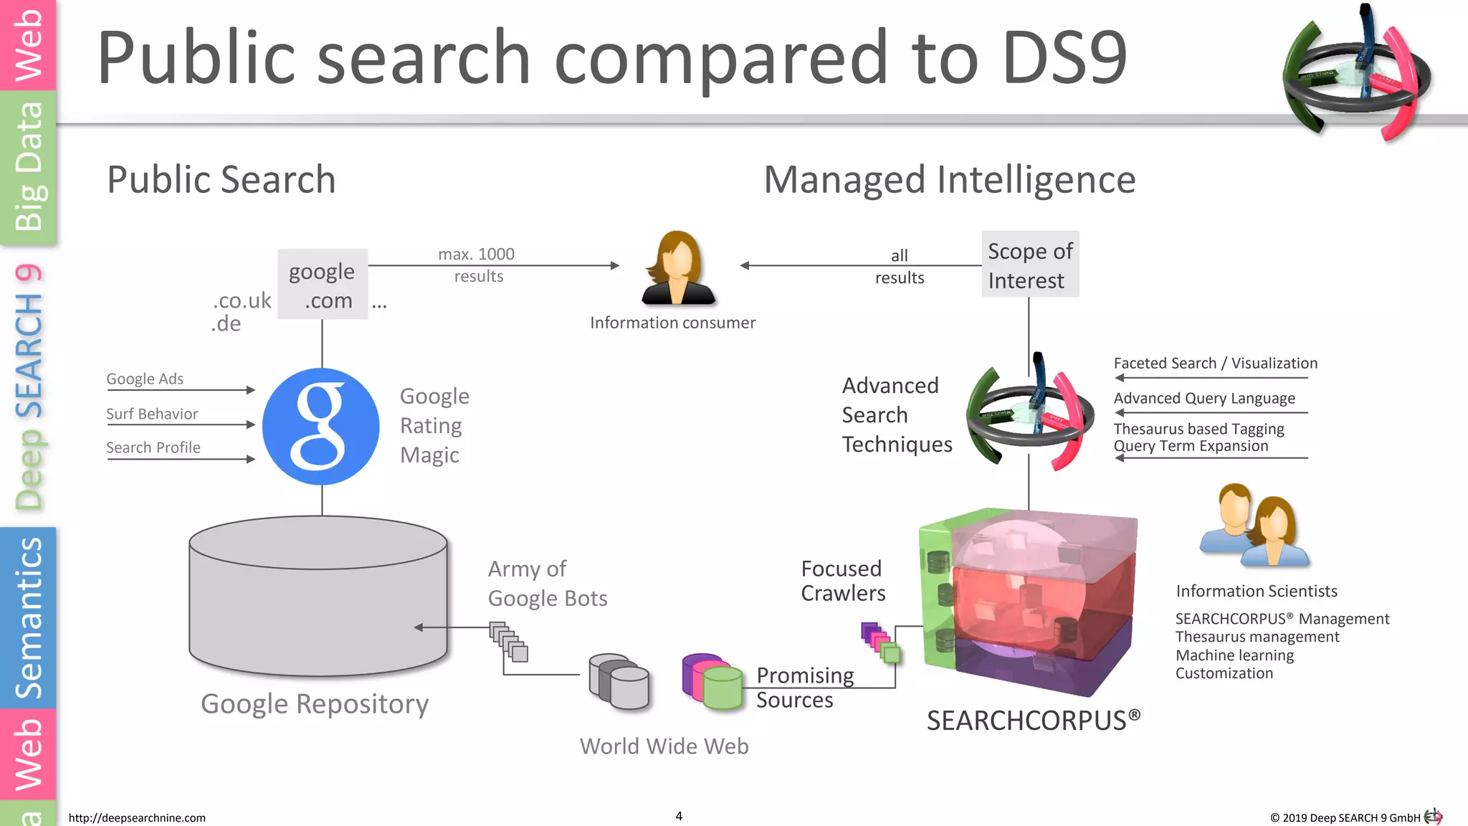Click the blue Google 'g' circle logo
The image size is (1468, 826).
pyautogui.click(x=320, y=427)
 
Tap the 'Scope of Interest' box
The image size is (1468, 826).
pyautogui.click(x=1030, y=265)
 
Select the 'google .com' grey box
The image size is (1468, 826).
pyautogui.click(x=323, y=285)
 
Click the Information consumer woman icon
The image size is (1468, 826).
pyautogui.click(x=677, y=268)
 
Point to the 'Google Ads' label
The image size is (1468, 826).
pyautogui.click(x=145, y=379)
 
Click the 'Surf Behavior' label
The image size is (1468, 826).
pyautogui.click(x=152, y=414)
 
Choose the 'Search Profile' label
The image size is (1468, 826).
pyautogui.click(x=153, y=447)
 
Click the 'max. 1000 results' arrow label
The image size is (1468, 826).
pyautogui.click(x=477, y=265)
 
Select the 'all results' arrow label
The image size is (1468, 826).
pyautogui.click(x=900, y=266)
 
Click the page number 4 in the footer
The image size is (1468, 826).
pyautogui.click(x=679, y=816)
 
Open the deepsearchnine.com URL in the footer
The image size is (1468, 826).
pyautogui.click(x=137, y=817)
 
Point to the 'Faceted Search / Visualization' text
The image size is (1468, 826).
pyautogui.click(x=1215, y=363)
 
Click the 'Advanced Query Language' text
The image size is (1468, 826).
pyautogui.click(x=1204, y=398)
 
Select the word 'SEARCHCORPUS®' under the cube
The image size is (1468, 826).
pyautogui.click(x=1033, y=720)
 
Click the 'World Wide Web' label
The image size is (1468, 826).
pyautogui.click(x=664, y=746)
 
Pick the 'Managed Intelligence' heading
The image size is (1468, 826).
pyautogui.click(x=949, y=179)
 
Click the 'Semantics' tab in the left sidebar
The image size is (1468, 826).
pyautogui.click(x=29, y=617)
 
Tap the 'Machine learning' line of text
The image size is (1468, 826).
pyautogui.click(x=1234, y=655)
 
